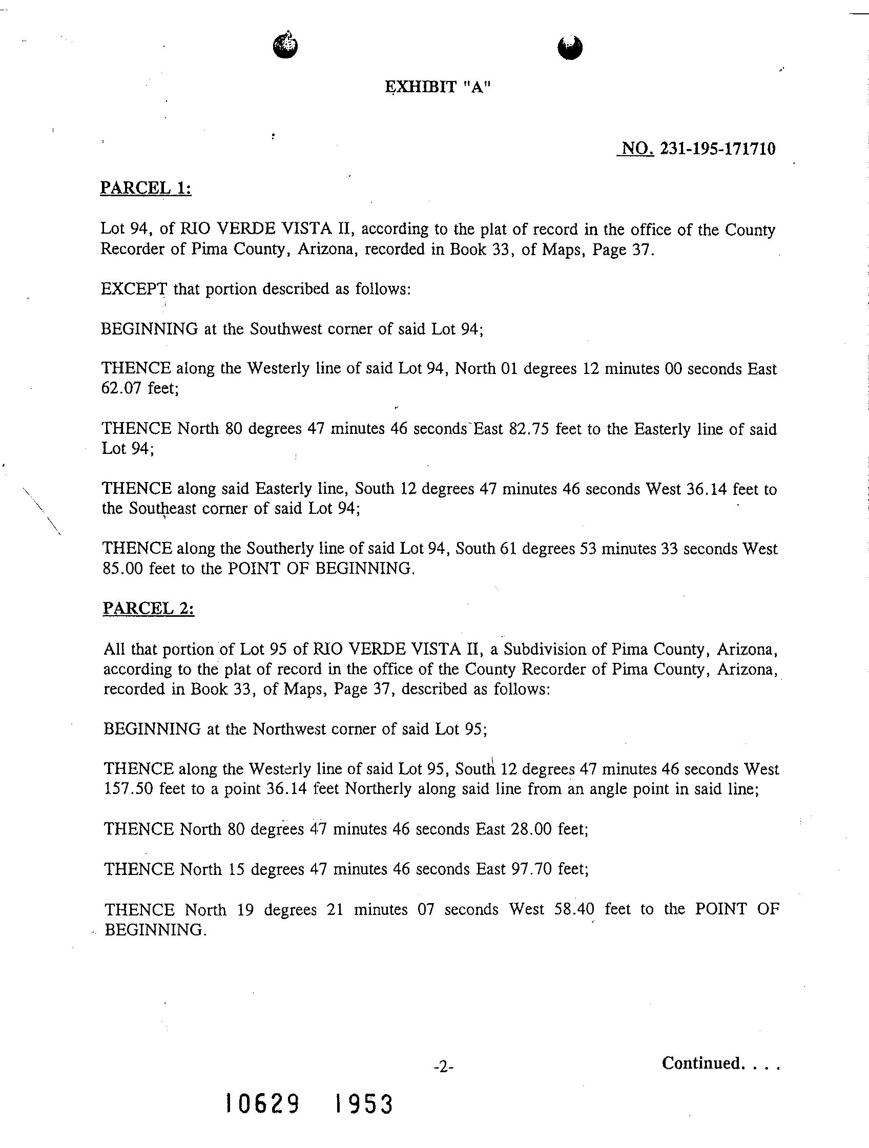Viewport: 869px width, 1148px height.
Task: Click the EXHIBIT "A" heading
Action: [x=437, y=87]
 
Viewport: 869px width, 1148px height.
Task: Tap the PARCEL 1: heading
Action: [x=146, y=188]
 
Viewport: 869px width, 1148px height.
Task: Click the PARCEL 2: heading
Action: [x=149, y=608]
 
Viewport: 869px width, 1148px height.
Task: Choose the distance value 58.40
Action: [x=574, y=909]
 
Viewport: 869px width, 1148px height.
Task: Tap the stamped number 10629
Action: [x=262, y=1104]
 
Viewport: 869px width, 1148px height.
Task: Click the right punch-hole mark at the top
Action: [x=569, y=47]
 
